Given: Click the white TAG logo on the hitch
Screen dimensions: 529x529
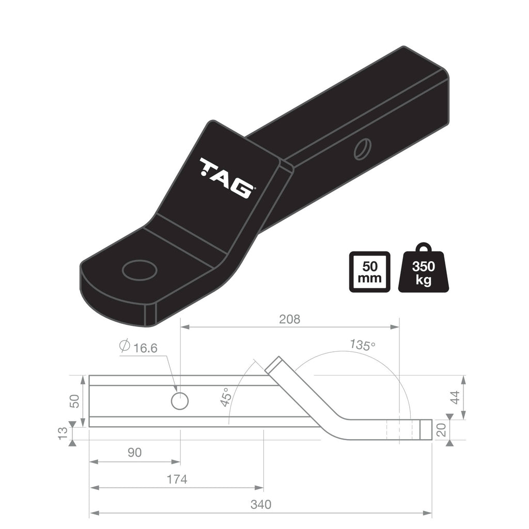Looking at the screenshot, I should pyautogui.click(x=227, y=178).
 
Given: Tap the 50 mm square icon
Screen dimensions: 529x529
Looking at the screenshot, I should pyautogui.click(x=369, y=272).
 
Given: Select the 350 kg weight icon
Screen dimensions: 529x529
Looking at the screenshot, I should pyautogui.click(x=423, y=272).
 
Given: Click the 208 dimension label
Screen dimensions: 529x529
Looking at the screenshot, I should pyautogui.click(x=289, y=319).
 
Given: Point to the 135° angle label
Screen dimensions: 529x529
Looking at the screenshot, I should pyautogui.click(x=362, y=345).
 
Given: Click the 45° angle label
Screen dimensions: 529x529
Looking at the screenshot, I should pyautogui.click(x=225, y=397).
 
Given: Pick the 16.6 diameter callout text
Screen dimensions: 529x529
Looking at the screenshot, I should pyautogui.click(x=145, y=348).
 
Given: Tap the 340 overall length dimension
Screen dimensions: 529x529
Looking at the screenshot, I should pyautogui.click(x=261, y=504).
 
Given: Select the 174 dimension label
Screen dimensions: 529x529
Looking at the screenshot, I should pyautogui.click(x=177, y=479).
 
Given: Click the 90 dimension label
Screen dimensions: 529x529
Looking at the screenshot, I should pyautogui.click(x=134, y=453).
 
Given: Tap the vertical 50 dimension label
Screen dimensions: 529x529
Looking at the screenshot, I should pyautogui.click(x=75, y=401).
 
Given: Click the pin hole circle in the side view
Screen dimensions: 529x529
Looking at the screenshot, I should pyautogui.click(x=180, y=401).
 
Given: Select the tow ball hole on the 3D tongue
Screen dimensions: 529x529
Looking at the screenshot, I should pyautogui.click(x=139, y=270).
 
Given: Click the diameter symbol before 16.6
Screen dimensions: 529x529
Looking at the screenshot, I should pyautogui.click(x=124, y=347).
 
